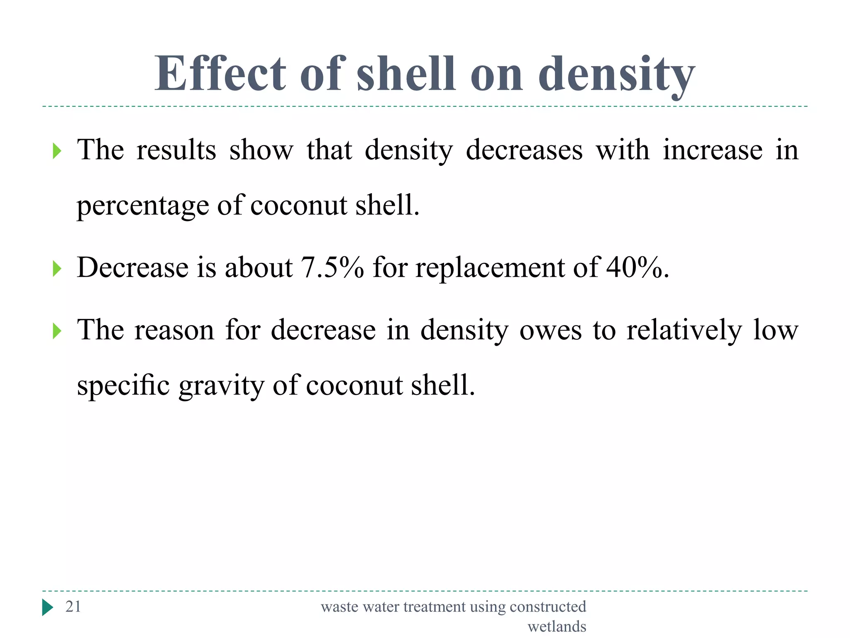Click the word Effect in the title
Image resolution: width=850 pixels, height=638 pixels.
click(220, 74)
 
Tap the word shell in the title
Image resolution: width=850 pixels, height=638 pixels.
click(406, 74)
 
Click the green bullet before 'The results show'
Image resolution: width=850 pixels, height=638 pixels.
click(57, 151)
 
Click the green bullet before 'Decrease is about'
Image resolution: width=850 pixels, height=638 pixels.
click(57, 269)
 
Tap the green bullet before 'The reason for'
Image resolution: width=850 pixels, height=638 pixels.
click(57, 331)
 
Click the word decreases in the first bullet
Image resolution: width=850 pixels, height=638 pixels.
click(524, 150)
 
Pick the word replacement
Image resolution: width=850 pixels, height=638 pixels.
click(489, 268)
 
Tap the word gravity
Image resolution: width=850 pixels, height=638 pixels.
click(221, 385)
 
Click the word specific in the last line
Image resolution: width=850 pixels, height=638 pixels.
click(123, 385)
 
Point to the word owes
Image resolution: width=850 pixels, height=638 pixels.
click(550, 330)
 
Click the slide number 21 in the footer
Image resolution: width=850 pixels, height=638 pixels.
click(73, 606)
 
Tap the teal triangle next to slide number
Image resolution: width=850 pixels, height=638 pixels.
click(47, 607)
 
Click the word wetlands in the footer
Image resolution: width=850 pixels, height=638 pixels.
click(557, 626)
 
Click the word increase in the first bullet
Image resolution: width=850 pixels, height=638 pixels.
click(712, 150)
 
